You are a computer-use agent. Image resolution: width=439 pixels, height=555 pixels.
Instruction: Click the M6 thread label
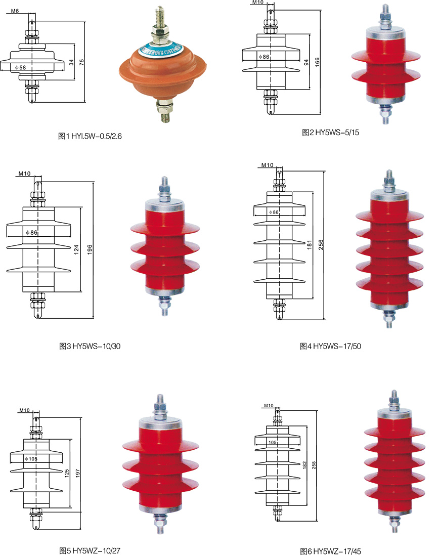[15, 11]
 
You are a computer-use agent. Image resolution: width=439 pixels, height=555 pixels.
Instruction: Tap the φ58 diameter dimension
[21, 67]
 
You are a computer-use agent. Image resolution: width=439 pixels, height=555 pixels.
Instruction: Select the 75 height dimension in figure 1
[82, 62]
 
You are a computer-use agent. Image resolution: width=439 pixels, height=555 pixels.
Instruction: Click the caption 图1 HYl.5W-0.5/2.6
[90, 136]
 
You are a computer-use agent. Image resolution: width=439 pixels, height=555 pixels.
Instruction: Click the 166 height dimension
[317, 62]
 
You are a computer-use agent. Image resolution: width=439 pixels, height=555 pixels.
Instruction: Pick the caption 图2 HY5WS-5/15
[330, 133]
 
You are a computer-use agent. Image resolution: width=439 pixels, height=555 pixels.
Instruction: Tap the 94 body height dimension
[306, 62]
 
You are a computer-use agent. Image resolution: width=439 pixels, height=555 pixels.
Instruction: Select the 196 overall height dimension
[90, 249]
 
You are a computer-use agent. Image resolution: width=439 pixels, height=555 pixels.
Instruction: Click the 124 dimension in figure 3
[76, 249]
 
